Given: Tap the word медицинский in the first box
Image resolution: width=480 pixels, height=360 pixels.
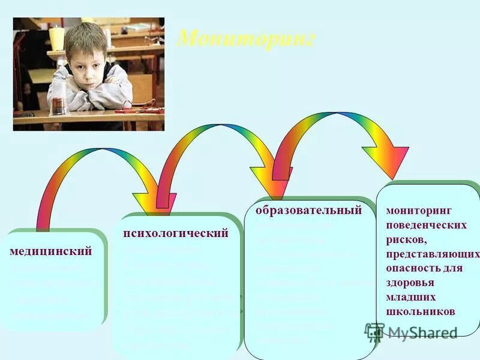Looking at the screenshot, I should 51,251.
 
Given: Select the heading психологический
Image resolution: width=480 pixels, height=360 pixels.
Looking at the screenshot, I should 176,233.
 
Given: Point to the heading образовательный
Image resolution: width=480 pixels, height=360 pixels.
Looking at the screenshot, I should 308,210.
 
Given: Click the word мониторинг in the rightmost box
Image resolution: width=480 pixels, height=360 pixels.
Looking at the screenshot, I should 418,211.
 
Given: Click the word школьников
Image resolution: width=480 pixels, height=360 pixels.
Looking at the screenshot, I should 421,311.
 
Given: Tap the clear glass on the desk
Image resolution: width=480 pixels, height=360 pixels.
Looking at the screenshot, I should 59,98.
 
